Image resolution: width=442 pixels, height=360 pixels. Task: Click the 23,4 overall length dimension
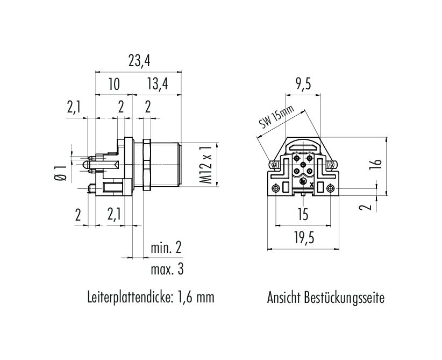click(x=139, y=61)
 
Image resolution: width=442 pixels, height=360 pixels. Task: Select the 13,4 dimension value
click(x=158, y=84)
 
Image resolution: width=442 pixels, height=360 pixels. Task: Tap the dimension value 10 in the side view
click(x=114, y=84)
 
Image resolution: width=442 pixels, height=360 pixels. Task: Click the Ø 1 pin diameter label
click(x=60, y=173)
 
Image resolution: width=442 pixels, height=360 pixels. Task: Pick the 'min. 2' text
click(x=166, y=248)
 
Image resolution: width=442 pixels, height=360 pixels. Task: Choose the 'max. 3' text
click(x=167, y=270)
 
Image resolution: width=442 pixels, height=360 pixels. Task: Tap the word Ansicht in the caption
click(x=283, y=298)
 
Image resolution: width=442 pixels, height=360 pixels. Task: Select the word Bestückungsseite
click(x=344, y=298)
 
